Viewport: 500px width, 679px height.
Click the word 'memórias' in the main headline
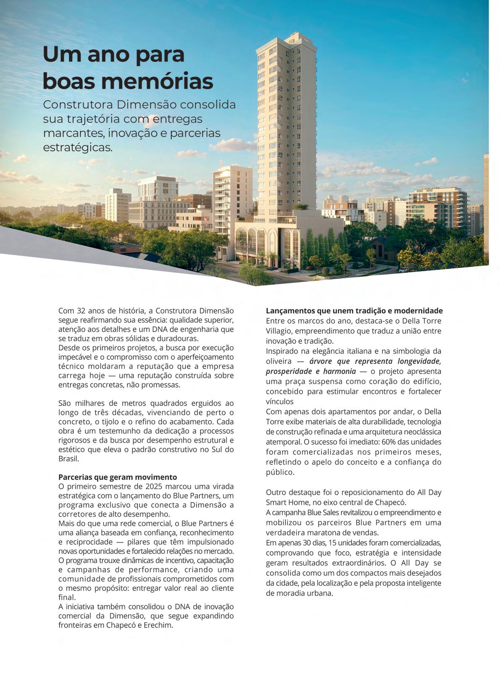click(163, 82)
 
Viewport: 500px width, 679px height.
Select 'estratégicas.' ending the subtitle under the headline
click(78, 148)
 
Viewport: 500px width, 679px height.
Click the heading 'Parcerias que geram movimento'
click(118, 477)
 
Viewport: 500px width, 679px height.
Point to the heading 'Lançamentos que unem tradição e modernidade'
click(354, 311)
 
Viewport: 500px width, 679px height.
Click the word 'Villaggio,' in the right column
click(281, 331)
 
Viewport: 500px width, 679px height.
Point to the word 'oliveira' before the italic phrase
click(279, 361)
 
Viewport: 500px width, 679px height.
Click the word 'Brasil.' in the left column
click(68, 459)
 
